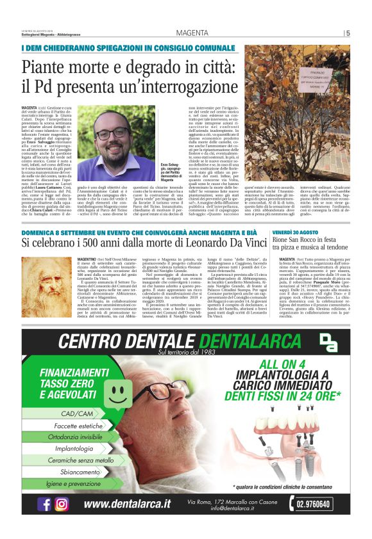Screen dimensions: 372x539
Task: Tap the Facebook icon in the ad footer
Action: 45,504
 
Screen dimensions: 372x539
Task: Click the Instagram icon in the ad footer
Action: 62,504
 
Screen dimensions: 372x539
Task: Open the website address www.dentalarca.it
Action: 127,504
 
